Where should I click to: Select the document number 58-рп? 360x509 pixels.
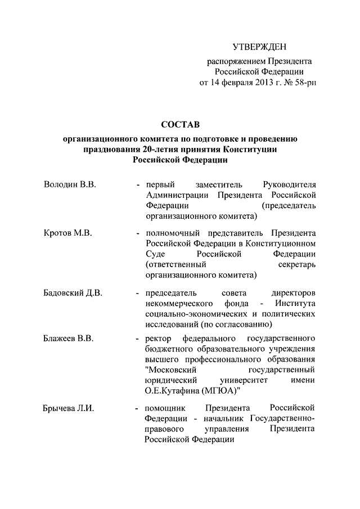click(x=304, y=83)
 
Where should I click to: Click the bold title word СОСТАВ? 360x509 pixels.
click(x=180, y=124)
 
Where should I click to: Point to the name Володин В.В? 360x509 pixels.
click(x=69, y=185)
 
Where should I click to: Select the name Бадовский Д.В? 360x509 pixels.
click(x=73, y=293)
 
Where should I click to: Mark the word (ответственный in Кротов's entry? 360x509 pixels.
click(x=174, y=264)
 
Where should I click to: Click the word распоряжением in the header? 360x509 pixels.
click(x=229, y=60)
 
